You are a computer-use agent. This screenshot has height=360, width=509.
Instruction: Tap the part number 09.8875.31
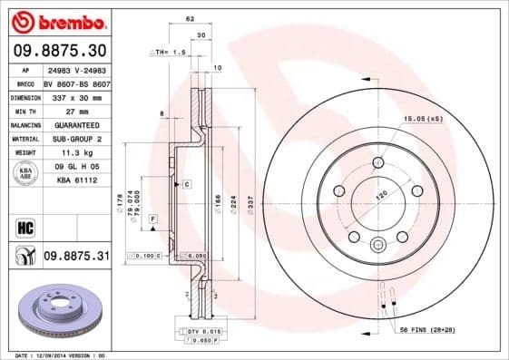pyautogui.click(x=75, y=257)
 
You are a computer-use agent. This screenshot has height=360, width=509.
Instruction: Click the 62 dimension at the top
pyautogui.click(x=190, y=18)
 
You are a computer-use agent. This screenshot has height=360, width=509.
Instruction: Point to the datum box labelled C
pyautogui.click(x=186, y=184)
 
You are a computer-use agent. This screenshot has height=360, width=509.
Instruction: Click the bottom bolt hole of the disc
pyautogui.click(x=377, y=244)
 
